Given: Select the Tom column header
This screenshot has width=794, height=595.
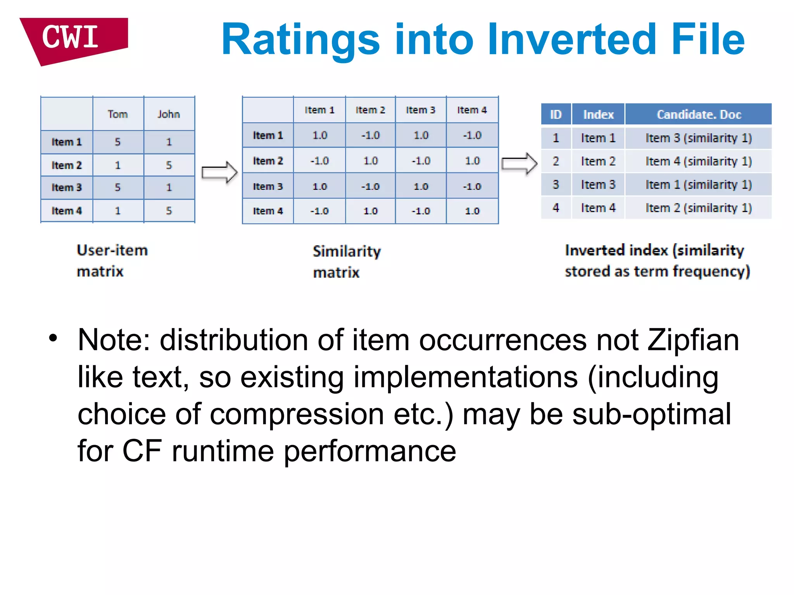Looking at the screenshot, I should pyautogui.click(x=118, y=114).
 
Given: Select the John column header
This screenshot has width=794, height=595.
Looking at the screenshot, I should pyautogui.click(x=169, y=114).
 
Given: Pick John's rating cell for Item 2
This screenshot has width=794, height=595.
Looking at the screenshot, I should pyautogui.click(x=169, y=165).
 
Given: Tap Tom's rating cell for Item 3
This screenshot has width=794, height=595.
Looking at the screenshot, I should pyautogui.click(x=118, y=187).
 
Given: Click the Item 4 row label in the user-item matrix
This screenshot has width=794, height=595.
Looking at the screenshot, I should pyautogui.click(x=67, y=211).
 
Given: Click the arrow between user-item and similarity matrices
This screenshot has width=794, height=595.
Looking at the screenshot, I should pyautogui.click(x=219, y=172).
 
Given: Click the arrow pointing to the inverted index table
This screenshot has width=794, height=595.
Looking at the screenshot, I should pyautogui.click(x=519, y=163).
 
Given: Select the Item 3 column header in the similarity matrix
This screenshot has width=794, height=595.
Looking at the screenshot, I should pyautogui.click(x=421, y=110).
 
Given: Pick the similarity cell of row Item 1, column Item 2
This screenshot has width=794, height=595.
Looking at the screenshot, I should pyautogui.click(x=370, y=135).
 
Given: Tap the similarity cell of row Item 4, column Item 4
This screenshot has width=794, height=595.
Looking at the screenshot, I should pyautogui.click(x=472, y=211).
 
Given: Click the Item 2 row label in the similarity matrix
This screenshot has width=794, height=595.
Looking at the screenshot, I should pyautogui.click(x=268, y=161).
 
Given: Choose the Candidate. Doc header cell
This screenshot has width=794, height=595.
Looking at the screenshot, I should pyautogui.click(x=698, y=115).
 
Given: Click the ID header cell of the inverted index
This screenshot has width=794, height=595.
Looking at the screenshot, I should pyautogui.click(x=556, y=115).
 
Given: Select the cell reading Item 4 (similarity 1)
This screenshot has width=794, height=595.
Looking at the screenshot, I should pyautogui.click(x=698, y=161).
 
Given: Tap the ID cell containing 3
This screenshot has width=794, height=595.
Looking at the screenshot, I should pyautogui.click(x=556, y=184).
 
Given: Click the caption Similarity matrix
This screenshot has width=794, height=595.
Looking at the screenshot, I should pyautogui.click(x=346, y=261).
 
